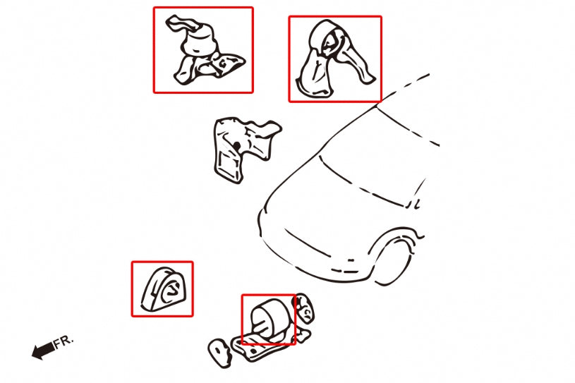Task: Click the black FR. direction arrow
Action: point(43,351)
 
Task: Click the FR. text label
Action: point(63,342)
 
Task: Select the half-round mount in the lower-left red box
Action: point(163,289)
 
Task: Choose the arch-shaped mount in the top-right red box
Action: point(332,59)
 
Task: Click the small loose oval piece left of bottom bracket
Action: point(219,353)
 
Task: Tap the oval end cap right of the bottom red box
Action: point(304,308)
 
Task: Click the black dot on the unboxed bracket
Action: point(237,146)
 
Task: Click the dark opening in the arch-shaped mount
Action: point(329,43)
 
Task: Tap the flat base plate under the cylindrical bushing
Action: point(263,346)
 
